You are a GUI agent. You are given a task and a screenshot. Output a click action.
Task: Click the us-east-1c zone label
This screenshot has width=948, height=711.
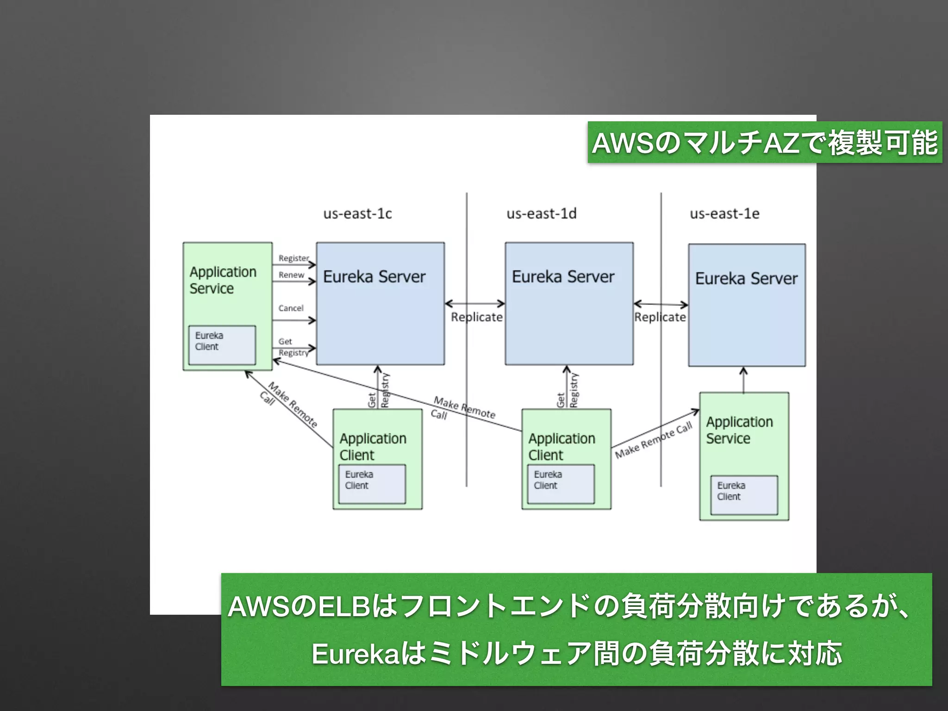357,213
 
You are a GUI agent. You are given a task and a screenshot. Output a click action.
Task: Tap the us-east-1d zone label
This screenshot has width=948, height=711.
541,213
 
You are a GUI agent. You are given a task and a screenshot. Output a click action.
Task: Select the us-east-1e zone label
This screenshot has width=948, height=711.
724,213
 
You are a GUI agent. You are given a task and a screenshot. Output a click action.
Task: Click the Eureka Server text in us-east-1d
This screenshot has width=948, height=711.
563,277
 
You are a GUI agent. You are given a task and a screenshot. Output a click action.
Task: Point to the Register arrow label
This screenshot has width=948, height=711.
293,258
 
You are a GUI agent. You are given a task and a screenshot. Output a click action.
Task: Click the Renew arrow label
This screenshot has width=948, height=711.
291,274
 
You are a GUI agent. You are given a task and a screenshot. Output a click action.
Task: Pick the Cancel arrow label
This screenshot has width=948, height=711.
291,308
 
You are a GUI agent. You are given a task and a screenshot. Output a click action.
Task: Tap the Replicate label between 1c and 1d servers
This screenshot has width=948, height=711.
477,317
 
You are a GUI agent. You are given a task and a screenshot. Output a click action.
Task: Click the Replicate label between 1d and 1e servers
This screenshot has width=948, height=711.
660,317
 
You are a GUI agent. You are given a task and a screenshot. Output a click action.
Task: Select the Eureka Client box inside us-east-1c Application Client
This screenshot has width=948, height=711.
372,484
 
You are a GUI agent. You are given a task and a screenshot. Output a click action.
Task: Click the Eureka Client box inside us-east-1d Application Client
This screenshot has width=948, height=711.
561,484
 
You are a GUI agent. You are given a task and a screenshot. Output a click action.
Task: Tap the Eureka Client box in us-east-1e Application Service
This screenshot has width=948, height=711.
744,495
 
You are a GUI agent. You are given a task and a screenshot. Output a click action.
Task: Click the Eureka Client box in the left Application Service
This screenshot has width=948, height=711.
222,345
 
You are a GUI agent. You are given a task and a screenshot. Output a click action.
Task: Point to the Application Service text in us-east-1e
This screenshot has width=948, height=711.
739,430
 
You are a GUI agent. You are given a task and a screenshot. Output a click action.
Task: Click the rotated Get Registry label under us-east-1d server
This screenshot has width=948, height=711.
567,392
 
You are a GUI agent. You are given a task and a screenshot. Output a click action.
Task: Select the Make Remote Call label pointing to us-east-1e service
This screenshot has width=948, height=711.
654,440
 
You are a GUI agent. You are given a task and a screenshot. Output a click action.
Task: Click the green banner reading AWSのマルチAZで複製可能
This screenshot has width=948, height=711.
765,143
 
